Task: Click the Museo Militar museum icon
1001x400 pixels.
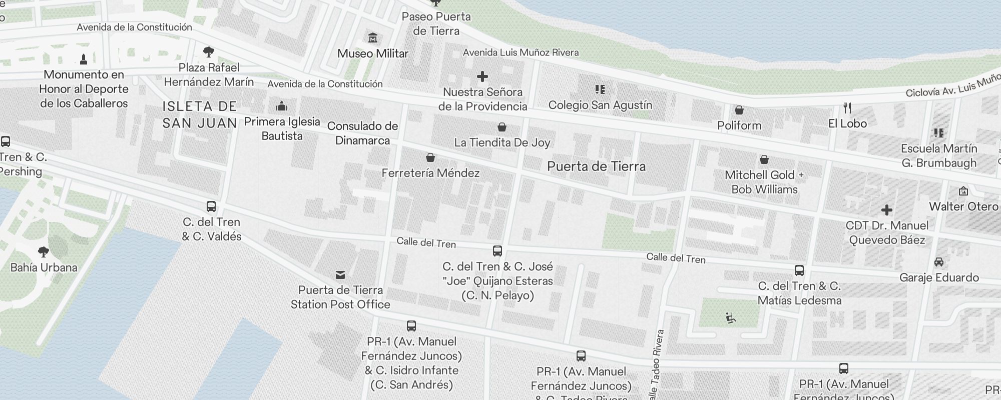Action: point(373,38)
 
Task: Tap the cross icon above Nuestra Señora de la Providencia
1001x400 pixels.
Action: point(482,76)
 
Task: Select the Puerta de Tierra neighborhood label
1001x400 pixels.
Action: point(596,166)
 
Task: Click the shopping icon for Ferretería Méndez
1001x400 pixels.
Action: point(430,158)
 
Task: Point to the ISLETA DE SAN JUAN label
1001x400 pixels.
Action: point(200,114)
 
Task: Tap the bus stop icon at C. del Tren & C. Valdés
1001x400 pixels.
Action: point(211,206)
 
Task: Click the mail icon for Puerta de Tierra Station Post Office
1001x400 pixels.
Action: point(340,274)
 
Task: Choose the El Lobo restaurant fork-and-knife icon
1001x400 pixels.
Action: point(847,108)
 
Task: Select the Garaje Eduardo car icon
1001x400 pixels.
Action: point(939,262)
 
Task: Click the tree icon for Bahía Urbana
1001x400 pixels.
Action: point(44,251)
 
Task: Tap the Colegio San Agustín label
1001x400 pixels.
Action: point(600,105)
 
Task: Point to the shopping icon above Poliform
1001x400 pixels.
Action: point(739,110)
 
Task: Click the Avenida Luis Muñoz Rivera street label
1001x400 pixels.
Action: point(521,52)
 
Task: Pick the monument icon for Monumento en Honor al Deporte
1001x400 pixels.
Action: point(84,59)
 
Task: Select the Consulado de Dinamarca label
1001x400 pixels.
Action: point(362,133)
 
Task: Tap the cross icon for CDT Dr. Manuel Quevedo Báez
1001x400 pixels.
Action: point(887,209)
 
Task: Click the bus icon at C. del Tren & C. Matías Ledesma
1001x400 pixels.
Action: point(799,270)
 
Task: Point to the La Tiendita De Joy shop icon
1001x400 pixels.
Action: point(502,127)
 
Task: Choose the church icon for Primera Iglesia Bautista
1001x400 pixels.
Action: point(282,106)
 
